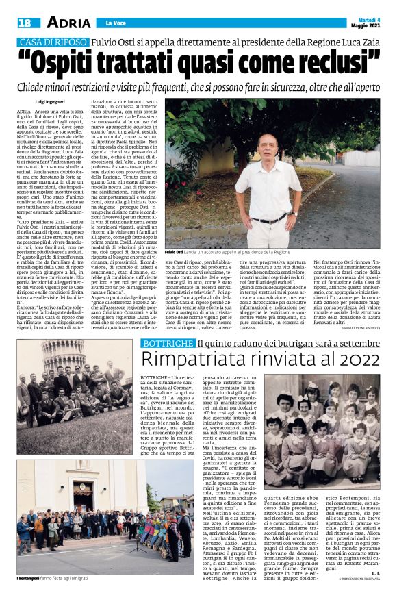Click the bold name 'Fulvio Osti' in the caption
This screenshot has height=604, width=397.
[175, 253]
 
